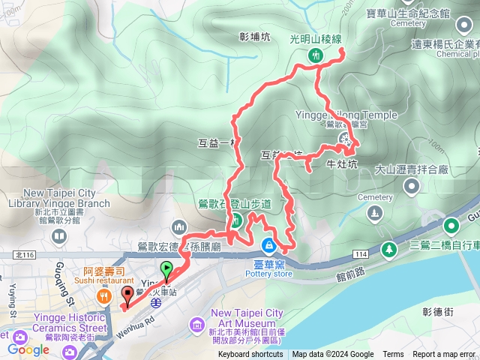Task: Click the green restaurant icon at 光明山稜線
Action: point(316,55)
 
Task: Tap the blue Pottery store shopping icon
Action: point(268,245)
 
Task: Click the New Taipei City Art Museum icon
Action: point(196,324)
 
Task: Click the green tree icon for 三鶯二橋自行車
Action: point(388,248)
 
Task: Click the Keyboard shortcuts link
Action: point(251,355)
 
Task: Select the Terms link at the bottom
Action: point(393,355)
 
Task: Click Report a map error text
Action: point(445,355)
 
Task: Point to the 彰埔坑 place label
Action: point(254,36)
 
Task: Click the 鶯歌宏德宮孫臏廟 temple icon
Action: point(178,226)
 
